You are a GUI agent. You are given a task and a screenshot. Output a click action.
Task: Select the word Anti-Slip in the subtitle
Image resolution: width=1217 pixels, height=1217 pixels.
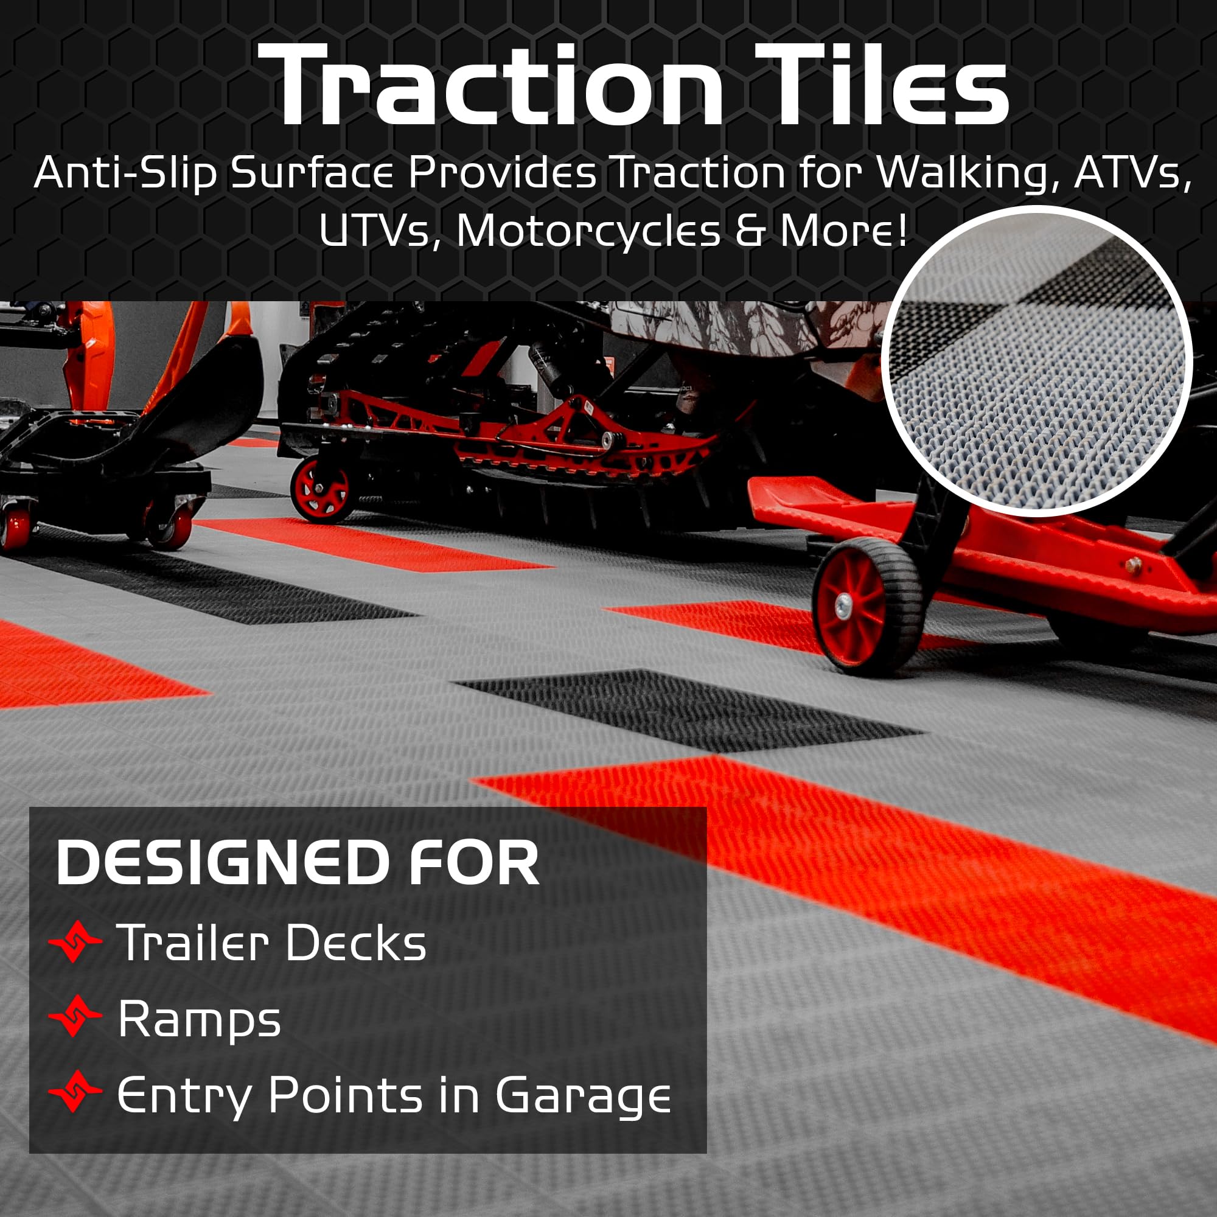(x=125, y=173)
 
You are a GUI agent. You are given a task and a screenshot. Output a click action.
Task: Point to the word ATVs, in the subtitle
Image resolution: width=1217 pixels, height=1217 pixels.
(x=1132, y=173)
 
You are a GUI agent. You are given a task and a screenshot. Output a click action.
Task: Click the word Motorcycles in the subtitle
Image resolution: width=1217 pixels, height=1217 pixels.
(x=588, y=231)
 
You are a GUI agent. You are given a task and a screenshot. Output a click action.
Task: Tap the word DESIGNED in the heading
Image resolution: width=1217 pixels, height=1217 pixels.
(x=221, y=862)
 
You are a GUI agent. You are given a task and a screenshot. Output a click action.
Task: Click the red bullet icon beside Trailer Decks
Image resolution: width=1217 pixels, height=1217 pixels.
(x=75, y=941)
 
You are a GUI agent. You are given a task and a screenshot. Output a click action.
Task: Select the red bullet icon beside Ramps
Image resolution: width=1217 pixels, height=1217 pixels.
(x=75, y=1016)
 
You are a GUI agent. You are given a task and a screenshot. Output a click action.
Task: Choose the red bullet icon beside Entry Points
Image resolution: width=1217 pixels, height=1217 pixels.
(x=75, y=1090)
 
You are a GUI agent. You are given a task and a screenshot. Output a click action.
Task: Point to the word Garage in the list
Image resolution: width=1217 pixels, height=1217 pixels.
(x=584, y=1096)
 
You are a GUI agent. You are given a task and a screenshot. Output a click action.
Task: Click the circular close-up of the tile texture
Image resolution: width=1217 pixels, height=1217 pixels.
(x=1037, y=361)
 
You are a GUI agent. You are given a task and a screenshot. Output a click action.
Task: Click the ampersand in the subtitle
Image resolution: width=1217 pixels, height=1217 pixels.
(x=750, y=231)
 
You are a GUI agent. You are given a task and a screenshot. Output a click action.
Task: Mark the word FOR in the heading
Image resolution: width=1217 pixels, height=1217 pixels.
(x=475, y=862)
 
